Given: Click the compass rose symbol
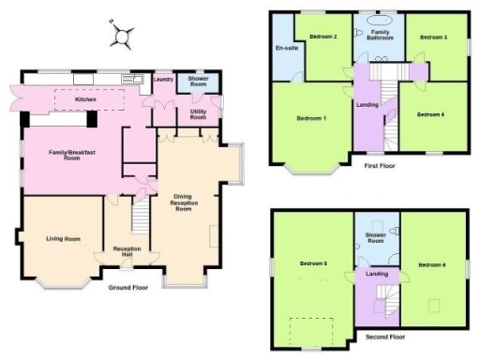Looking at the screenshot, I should click(x=122, y=36).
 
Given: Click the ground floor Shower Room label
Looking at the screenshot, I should click(x=198, y=80).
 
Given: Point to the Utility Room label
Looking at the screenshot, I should click(x=198, y=115).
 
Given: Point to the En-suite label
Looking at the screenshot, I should click(x=286, y=48).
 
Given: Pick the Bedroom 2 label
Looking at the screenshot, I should click(x=323, y=37).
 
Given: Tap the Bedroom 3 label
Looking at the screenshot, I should click(x=433, y=37).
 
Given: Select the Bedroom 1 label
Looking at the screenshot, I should click(x=311, y=118).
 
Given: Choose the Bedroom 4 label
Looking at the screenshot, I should click(x=430, y=114).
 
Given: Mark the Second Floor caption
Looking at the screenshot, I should click(x=384, y=335).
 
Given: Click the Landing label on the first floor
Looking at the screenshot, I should click(x=367, y=104).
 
